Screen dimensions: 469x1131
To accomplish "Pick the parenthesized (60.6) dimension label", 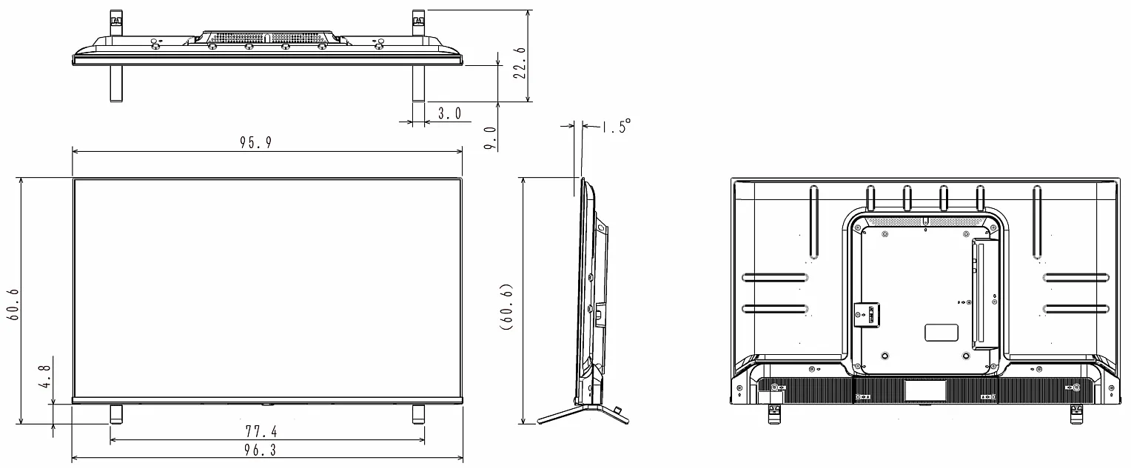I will click(507, 305).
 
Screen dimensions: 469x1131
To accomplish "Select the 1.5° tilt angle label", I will click(615, 128).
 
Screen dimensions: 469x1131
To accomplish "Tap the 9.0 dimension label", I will click(490, 139).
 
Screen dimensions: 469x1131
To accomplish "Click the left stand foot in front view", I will click(116, 413).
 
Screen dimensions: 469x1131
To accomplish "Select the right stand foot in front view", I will click(418, 413).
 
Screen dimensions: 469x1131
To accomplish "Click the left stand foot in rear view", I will click(774, 415).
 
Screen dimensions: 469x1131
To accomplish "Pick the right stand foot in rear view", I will click(1076, 415).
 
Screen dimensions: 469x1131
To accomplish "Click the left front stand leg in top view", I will click(116, 83).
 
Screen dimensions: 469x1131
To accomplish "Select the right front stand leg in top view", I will click(418, 83).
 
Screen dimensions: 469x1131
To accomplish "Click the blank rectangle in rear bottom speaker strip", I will click(925, 390).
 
